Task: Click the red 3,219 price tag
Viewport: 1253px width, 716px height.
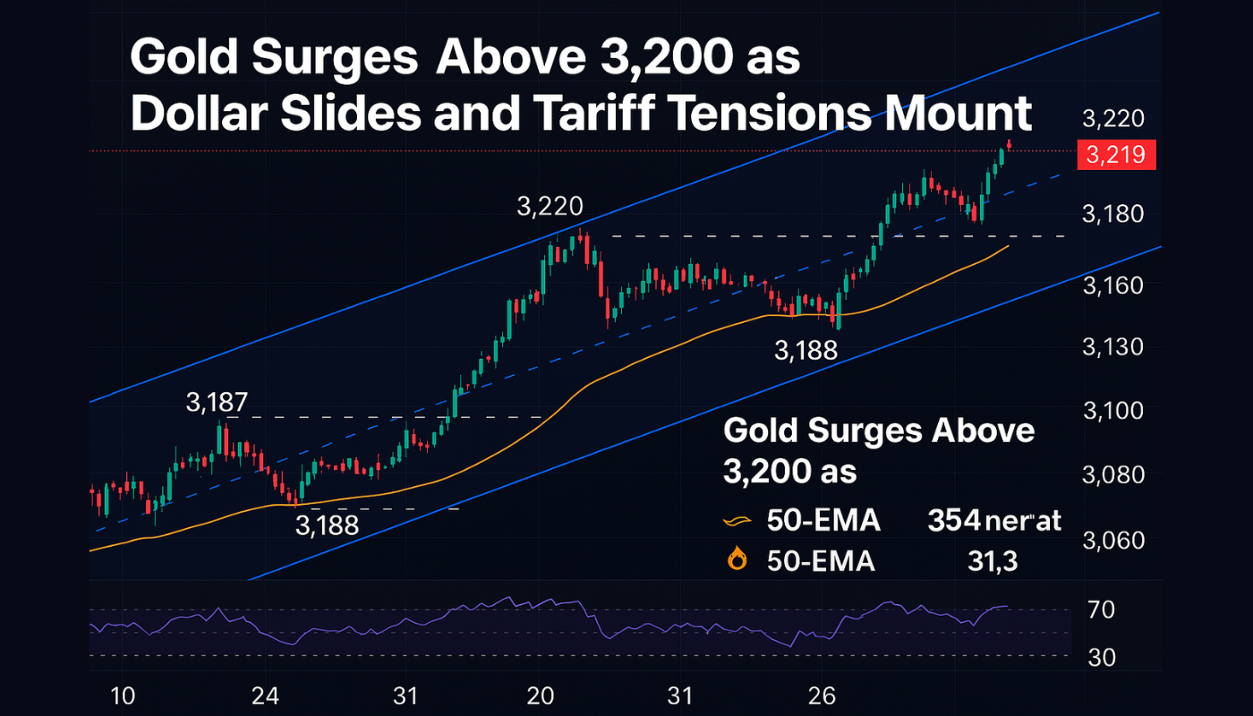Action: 1117,155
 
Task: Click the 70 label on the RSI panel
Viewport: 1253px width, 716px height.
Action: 1101,611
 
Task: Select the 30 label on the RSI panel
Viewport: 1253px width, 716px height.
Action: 1101,658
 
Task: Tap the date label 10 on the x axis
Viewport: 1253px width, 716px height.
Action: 123,695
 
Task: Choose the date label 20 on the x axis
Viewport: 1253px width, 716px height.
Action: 541,695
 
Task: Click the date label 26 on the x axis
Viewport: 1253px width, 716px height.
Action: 822,695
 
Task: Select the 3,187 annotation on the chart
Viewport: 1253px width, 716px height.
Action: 217,403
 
